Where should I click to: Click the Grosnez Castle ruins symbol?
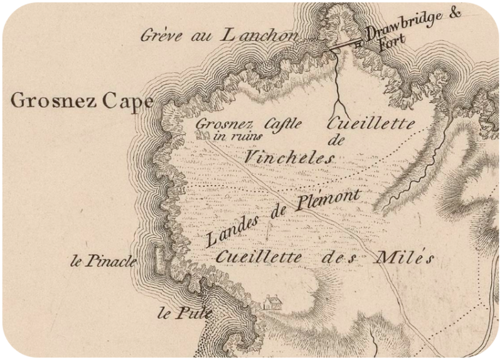pyautogui.click(x=202, y=134)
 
